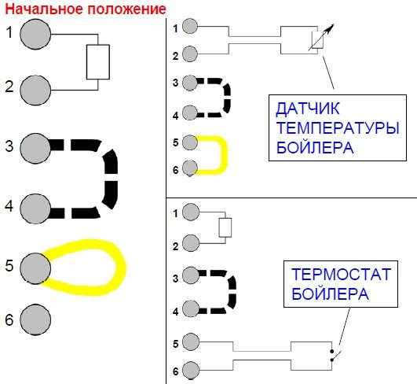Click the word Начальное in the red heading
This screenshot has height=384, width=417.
pyautogui.click(x=45, y=9)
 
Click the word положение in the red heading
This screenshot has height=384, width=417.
pyautogui.click(x=126, y=9)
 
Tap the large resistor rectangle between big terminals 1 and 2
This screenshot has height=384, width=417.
pyautogui.click(x=98, y=62)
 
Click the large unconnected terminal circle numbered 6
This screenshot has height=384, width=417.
pyautogui.click(x=35, y=319)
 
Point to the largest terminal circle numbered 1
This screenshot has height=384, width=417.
pyautogui.click(x=35, y=34)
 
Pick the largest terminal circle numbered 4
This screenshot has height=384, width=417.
pyautogui.click(x=35, y=209)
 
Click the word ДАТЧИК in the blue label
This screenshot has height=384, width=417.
pyautogui.click(x=308, y=109)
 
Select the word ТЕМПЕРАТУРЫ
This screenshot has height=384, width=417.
pyautogui.click(x=338, y=128)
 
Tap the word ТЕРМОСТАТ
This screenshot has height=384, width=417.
pyautogui.click(x=341, y=274)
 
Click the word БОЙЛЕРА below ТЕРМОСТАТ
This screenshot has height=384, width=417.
pyautogui.click(x=330, y=294)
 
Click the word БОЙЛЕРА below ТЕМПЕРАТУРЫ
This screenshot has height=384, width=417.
pyautogui.click(x=315, y=147)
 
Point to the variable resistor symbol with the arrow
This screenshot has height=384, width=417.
pyautogui.click(x=320, y=38)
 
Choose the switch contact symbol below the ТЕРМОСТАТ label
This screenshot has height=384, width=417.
pyautogui.click(x=335, y=356)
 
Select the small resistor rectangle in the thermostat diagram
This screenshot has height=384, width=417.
pyautogui.click(x=225, y=227)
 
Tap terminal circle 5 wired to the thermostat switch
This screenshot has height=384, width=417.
pyautogui.click(x=191, y=342)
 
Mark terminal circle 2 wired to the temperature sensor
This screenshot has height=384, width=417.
pyautogui.click(x=190, y=54)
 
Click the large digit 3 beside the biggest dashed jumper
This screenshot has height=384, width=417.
pyautogui.click(x=9, y=146)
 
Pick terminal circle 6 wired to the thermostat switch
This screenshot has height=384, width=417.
pyautogui.click(x=191, y=370)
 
